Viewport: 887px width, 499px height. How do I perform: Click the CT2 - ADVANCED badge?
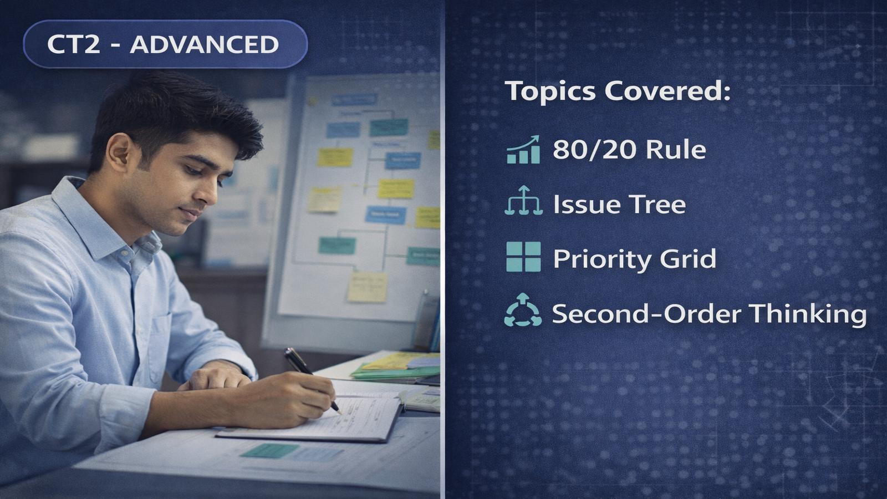tap(165, 44)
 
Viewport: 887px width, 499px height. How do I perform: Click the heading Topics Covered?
tap(618, 91)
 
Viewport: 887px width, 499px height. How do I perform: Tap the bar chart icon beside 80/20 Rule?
tap(523, 150)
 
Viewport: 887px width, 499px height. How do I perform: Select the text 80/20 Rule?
tap(629, 150)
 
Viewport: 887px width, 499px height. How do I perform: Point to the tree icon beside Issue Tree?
tap(523, 201)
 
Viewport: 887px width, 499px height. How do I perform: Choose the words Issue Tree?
tap(619, 205)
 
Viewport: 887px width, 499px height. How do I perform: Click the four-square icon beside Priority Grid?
tap(523, 257)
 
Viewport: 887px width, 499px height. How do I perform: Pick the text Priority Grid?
tap(634, 259)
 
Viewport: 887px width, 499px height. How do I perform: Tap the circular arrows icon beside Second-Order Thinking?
tap(523, 310)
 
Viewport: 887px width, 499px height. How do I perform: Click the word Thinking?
tap(808, 314)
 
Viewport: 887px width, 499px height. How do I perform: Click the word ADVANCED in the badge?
tap(204, 45)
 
